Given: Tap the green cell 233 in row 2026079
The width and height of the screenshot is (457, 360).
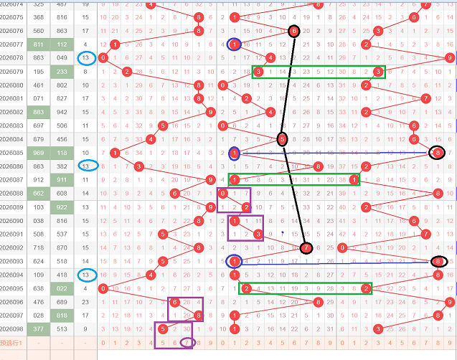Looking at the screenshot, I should click(x=62, y=72).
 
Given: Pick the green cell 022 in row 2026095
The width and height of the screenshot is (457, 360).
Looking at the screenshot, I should click(x=62, y=288).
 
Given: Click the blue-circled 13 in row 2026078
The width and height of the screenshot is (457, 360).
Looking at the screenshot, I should click(x=87, y=57).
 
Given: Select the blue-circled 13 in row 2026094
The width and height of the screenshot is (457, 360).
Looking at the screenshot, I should click(x=87, y=275).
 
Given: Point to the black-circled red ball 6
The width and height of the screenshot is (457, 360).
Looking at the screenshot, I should click(x=293, y=31).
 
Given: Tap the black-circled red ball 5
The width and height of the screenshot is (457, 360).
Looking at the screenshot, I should click(x=282, y=139).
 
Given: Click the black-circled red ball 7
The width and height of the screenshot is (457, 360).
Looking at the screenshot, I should click(x=306, y=248).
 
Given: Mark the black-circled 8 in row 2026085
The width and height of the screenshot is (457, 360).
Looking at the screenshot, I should click(x=438, y=153).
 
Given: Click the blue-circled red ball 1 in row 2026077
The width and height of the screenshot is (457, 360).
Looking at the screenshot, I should click(x=235, y=44).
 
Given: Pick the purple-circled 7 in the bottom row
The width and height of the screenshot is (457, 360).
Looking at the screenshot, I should click(x=187, y=343).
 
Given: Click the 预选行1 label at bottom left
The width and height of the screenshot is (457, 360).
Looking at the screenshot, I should click(x=12, y=343).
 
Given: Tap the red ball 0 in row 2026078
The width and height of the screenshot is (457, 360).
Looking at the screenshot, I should click(x=105, y=57).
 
